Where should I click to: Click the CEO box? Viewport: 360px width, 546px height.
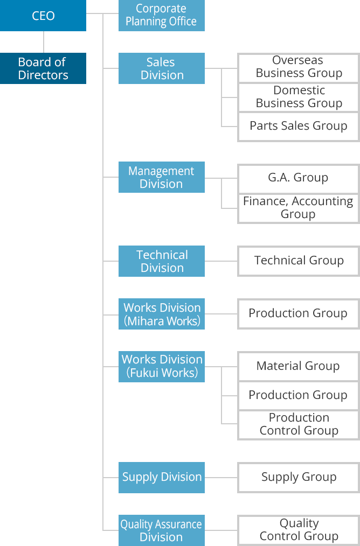tap(43, 16)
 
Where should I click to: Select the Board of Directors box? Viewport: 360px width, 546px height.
tap(43, 68)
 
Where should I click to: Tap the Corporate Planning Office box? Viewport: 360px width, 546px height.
tap(161, 16)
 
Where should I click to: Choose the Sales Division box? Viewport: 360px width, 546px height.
tap(161, 68)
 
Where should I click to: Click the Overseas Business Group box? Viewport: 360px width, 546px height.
tap(299, 68)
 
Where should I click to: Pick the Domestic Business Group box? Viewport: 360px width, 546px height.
tap(299, 97)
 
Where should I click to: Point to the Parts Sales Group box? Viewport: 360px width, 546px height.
tap(299, 127)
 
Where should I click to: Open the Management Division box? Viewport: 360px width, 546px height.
tap(161, 177)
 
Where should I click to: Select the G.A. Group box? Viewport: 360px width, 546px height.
tap(299, 179)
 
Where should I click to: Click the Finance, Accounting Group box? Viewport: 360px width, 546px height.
tap(299, 208)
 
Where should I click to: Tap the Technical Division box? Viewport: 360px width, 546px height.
tap(161, 261)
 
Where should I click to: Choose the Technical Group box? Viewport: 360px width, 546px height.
tap(299, 261)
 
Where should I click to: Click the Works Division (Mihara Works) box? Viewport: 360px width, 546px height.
tap(161, 314)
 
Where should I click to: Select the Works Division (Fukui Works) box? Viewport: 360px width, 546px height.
tap(161, 367)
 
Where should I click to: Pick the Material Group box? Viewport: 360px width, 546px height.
tap(299, 366)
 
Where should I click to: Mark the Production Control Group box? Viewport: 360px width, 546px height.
tap(299, 425)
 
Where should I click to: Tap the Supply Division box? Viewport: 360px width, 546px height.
tap(161, 478)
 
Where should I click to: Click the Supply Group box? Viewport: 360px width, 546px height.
tap(299, 478)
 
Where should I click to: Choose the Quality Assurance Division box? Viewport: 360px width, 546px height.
tap(161, 530)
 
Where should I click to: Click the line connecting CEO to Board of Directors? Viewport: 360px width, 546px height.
tap(44, 42)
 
